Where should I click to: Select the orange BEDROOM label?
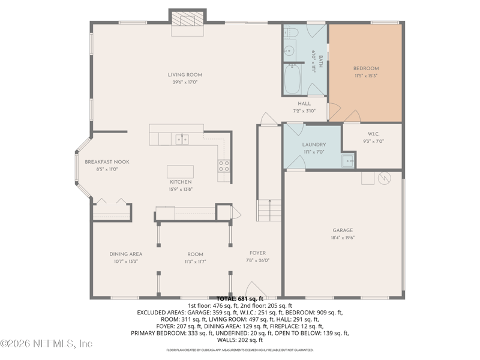pos(365,68)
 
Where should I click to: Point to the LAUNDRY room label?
pos(314,145)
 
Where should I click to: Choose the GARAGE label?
pos(343,230)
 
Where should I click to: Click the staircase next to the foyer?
pos(269,211)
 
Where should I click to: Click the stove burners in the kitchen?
pos(223,166)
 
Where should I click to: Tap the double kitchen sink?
pos(182,139)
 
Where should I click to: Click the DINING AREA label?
pos(125,254)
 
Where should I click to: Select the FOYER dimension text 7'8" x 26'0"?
pos(257,260)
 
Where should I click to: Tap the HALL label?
pos(304,104)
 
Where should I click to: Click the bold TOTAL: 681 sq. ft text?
pos(240,298)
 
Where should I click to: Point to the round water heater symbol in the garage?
pos(385,178)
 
